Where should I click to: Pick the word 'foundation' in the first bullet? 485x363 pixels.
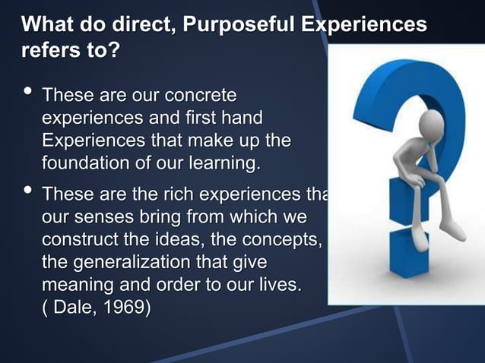click(84, 163)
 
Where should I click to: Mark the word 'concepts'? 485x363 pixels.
click(288, 241)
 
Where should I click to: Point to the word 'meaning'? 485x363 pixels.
click(76, 287)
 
